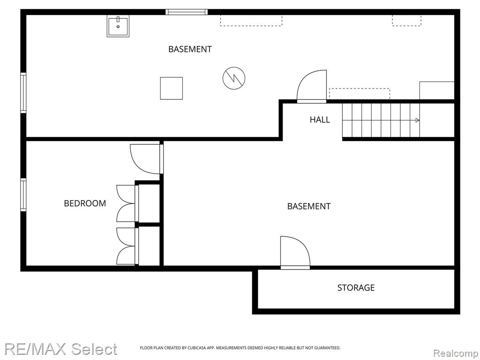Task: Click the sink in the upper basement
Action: pos(118,26)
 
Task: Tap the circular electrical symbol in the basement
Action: pos(234,78)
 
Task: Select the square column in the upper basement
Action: pos(172,88)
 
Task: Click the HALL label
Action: pos(320,120)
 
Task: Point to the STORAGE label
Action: pos(356,288)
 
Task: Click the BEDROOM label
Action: pos(85,203)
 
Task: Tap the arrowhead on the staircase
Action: pos(417,120)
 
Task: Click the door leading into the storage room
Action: pos(295,253)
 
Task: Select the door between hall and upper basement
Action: pos(312,86)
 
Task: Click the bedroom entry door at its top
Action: pos(146,158)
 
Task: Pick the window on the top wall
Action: pos(187,12)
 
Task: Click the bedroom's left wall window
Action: pos(23,195)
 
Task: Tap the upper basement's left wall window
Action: pos(23,93)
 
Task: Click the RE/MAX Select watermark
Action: pos(60,349)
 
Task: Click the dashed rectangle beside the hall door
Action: pos(360,94)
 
